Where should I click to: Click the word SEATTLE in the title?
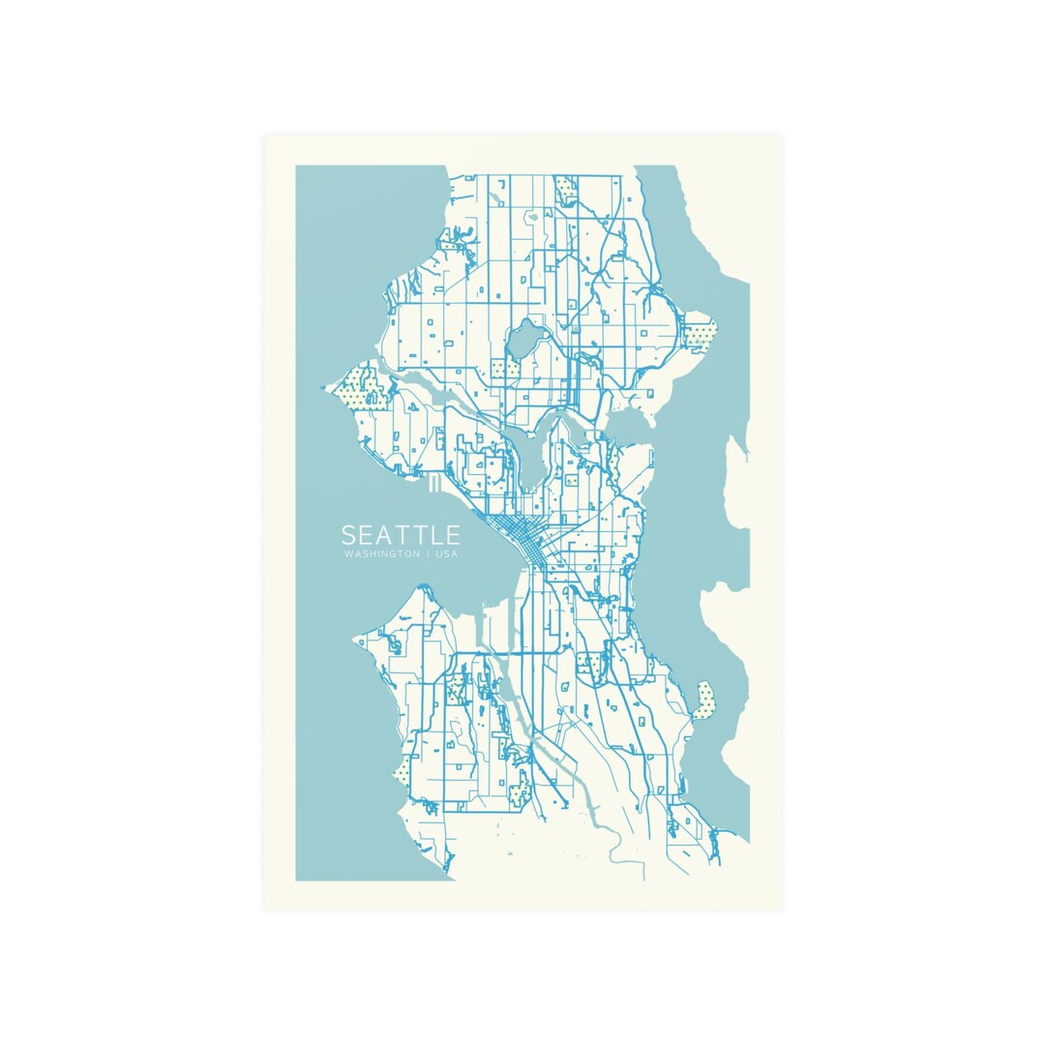pos(400,535)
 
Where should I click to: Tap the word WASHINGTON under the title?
pos(381,555)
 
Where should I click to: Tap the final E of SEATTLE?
pos(451,535)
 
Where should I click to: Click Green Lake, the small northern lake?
pos(527,340)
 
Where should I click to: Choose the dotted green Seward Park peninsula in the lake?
pos(703,700)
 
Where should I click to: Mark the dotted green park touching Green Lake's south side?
pos(499,369)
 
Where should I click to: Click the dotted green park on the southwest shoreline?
pos(402,772)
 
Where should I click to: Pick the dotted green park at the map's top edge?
pos(566,191)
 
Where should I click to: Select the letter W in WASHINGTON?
pos(346,555)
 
